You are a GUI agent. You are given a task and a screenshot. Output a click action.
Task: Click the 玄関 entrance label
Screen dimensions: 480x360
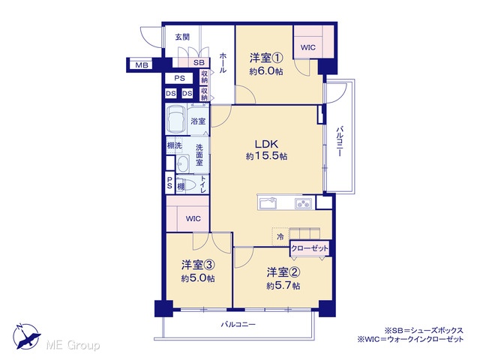point(182,37)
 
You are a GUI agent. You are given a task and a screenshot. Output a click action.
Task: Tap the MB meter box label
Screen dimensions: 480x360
point(142,65)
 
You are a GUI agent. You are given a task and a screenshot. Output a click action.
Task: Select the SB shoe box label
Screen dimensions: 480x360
point(199,63)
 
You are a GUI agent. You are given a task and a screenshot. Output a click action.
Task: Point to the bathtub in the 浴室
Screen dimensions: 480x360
point(175,119)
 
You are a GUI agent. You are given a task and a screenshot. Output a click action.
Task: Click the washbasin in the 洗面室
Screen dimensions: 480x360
point(183,164)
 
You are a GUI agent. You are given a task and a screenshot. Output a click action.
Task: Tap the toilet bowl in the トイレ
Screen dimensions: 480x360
point(187,185)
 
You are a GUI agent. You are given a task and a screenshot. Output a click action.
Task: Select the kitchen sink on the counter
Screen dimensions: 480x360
point(268,203)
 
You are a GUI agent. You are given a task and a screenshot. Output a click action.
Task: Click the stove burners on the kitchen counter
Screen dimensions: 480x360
point(303,203)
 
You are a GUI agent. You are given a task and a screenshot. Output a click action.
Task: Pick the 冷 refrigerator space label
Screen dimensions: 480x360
point(280,236)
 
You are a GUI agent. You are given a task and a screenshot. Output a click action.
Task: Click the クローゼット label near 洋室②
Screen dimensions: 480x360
point(310,248)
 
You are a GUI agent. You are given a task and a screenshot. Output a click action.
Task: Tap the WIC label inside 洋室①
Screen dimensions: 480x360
point(308,48)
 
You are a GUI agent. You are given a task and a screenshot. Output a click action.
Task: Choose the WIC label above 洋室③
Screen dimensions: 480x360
point(193,218)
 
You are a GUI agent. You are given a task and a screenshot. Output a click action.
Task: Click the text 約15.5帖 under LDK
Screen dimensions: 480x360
point(266,157)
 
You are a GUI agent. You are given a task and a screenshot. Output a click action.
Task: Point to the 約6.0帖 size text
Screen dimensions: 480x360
point(266,72)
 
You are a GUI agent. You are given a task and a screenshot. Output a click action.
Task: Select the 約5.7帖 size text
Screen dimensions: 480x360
point(283,286)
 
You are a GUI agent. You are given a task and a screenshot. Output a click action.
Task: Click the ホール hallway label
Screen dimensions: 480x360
point(223,63)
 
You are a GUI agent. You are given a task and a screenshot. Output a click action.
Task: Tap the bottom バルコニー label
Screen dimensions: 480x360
point(238,324)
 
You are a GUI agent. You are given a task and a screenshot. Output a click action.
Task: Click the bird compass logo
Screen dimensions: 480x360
point(26,336)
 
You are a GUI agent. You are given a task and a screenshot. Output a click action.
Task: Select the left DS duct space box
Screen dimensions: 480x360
point(171,93)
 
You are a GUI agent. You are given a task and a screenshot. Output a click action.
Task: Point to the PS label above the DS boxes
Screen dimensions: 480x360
point(180,78)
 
